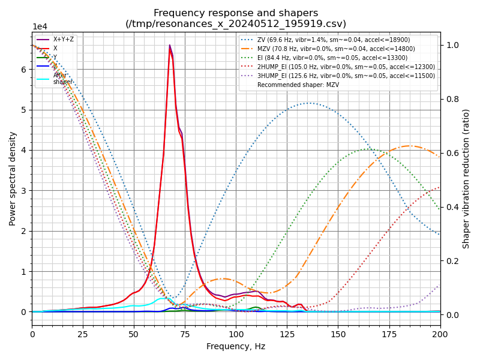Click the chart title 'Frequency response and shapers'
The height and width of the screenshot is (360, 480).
tap(236, 13)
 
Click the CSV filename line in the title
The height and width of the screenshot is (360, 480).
tap(236, 24)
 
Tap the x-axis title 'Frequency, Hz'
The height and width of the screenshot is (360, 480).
tap(236, 346)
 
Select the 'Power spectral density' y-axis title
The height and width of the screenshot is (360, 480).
tap(13, 178)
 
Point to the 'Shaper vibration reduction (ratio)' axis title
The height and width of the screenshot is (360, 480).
tap(466, 178)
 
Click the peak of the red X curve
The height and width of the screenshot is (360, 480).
tap(170, 46)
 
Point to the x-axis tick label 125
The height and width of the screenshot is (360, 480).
tap(287, 334)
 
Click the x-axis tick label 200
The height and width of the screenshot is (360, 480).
tap(440, 334)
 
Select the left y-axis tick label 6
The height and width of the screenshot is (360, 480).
tap(24, 70)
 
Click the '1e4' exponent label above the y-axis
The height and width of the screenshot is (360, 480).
tap(40, 27)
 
